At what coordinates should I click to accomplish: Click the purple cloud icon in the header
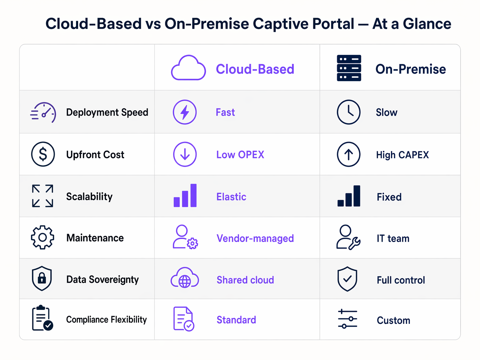pyautogui.click(x=188, y=68)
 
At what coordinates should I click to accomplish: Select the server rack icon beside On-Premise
pyautogui.click(x=349, y=68)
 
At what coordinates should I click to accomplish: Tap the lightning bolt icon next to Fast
pyautogui.click(x=185, y=112)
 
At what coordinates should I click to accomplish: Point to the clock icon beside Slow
pyautogui.click(x=348, y=112)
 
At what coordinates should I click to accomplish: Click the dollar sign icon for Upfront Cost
pyautogui.click(x=43, y=154)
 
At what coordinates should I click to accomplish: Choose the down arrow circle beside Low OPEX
pyautogui.click(x=185, y=154)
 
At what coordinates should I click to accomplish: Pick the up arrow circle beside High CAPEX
pyautogui.click(x=348, y=154)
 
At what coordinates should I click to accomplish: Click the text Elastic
pyautogui.click(x=231, y=197)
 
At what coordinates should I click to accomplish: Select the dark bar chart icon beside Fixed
pyautogui.click(x=349, y=196)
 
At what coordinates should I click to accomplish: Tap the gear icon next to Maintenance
pyautogui.click(x=43, y=237)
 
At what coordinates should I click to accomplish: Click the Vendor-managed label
pyautogui.click(x=255, y=238)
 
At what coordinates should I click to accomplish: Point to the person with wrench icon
pyautogui.click(x=348, y=237)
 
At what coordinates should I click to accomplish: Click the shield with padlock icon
pyautogui.click(x=42, y=279)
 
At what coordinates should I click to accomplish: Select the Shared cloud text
pyautogui.click(x=245, y=280)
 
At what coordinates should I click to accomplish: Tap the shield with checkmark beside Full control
pyautogui.click(x=347, y=279)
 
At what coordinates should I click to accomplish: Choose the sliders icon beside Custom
pyautogui.click(x=347, y=319)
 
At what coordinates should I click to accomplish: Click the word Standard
pyautogui.click(x=236, y=320)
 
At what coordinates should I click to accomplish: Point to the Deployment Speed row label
pyautogui.click(x=107, y=112)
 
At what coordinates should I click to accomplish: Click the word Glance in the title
pyautogui.click(x=427, y=24)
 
